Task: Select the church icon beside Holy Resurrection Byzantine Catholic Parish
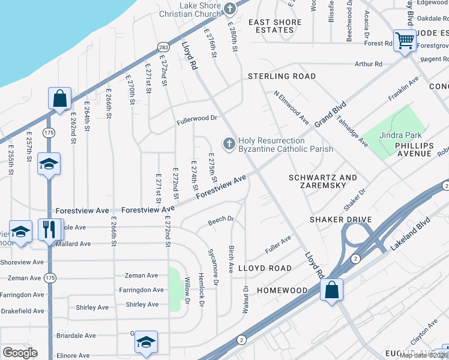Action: (228, 144)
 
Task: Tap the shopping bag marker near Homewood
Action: (331, 290)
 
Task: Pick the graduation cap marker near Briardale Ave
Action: (146, 342)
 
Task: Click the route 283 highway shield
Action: (164, 46)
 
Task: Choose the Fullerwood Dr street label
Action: (196, 119)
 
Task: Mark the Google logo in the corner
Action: (20, 353)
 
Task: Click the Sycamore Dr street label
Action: (211, 266)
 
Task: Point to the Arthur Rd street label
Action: (368, 64)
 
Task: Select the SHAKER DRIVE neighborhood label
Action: (340, 220)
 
